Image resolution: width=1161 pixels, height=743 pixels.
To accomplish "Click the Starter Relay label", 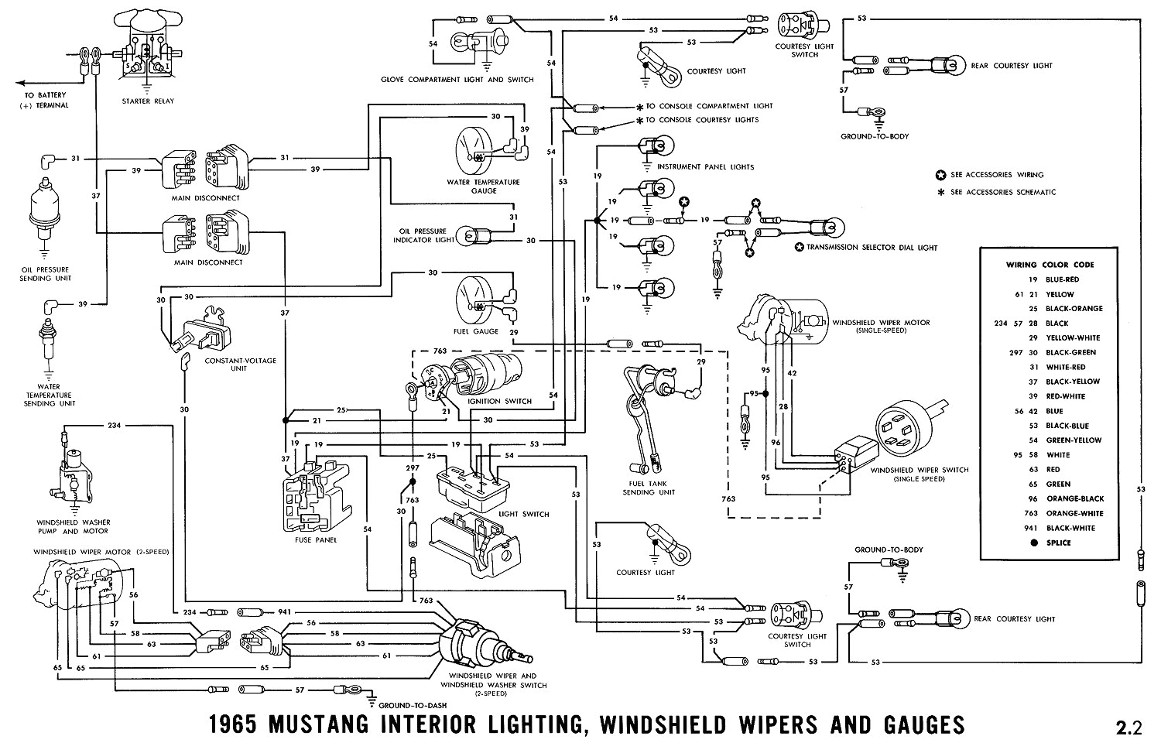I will (x=148, y=101).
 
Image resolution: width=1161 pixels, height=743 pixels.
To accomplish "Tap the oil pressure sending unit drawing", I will (x=45, y=209).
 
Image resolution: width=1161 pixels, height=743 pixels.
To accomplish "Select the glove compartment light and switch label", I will (x=457, y=80).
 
